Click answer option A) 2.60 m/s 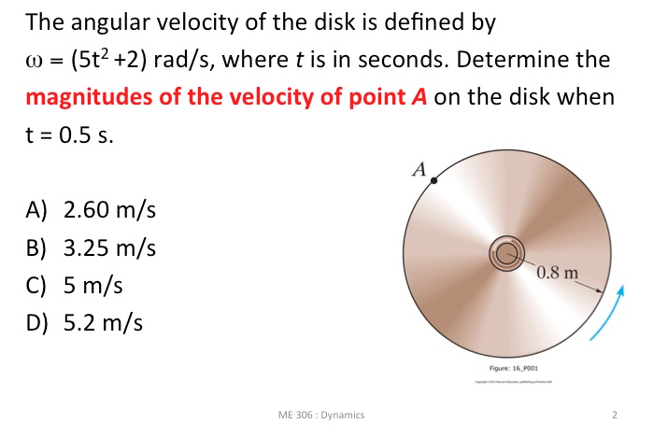pos(90,211)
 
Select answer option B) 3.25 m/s pos(90,249)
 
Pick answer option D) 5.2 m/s pos(83,324)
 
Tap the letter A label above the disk pos(419,170)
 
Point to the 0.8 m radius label pos(559,274)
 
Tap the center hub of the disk pos(506,251)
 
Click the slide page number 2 pos(614,414)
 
